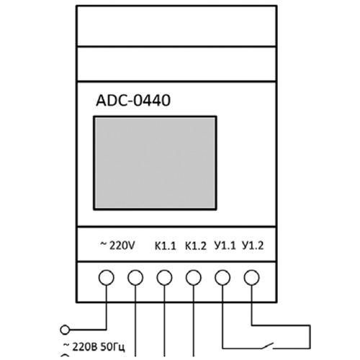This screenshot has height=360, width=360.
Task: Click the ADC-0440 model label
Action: tap(133, 100)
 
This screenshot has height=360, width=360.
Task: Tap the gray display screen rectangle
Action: tap(155, 163)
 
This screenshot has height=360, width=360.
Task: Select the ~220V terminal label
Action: tap(117, 246)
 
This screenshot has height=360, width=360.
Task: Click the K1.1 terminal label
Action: tap(165, 246)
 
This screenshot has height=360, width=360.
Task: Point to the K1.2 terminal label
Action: tap(196, 246)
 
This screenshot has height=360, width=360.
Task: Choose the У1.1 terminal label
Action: tap(225, 246)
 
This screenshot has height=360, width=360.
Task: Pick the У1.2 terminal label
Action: tap(253, 246)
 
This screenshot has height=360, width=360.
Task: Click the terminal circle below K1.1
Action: tap(164, 277)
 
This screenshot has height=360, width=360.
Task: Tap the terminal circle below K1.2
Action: tap(194, 277)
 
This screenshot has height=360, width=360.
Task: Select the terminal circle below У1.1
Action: tap(222, 277)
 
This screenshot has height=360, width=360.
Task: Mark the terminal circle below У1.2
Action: tap(251, 277)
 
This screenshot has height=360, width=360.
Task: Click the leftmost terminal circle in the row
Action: tap(106, 277)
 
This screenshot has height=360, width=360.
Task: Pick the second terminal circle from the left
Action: tap(135, 277)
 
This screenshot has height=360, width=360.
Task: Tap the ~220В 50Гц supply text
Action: tap(94, 347)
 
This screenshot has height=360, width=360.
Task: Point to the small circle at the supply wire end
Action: tap(65, 330)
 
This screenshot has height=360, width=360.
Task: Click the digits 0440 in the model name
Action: tap(152, 100)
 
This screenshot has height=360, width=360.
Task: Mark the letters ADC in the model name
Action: tap(111, 100)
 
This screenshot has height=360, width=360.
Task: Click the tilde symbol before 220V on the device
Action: tap(103, 245)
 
